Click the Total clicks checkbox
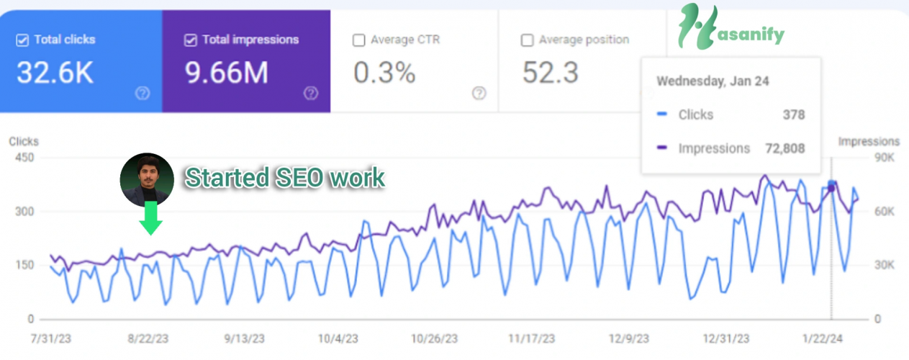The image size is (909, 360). (x=22, y=40)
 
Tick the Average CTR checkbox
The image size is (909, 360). (x=358, y=40)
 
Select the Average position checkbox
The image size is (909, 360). (x=527, y=40)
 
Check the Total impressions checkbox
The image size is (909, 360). (x=191, y=40)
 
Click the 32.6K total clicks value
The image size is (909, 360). (x=55, y=73)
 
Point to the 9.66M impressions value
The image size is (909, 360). (x=226, y=73)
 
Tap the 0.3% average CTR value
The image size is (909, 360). (x=384, y=73)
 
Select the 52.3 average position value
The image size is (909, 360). (x=551, y=73)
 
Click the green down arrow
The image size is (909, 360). (x=150, y=218)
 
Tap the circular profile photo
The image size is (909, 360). (x=147, y=179)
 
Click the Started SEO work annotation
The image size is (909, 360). (x=284, y=178)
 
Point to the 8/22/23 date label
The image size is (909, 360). (x=148, y=338)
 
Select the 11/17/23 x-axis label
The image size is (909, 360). (x=531, y=338)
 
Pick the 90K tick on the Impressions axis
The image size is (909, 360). (x=885, y=158)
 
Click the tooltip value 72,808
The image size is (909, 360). (x=786, y=148)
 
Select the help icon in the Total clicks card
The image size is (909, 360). (x=143, y=93)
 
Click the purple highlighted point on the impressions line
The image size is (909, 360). (x=831, y=188)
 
